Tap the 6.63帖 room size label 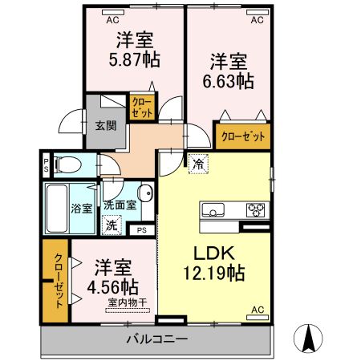pyautogui.click(x=233, y=80)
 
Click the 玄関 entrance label pyautogui.click(x=103, y=126)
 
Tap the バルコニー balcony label pyautogui.click(x=156, y=339)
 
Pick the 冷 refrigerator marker pyautogui.click(x=198, y=163)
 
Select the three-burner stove pyautogui.click(x=255, y=210)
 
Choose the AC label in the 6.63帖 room pyautogui.click(x=257, y=20)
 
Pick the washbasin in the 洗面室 pyautogui.click(x=145, y=195)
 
